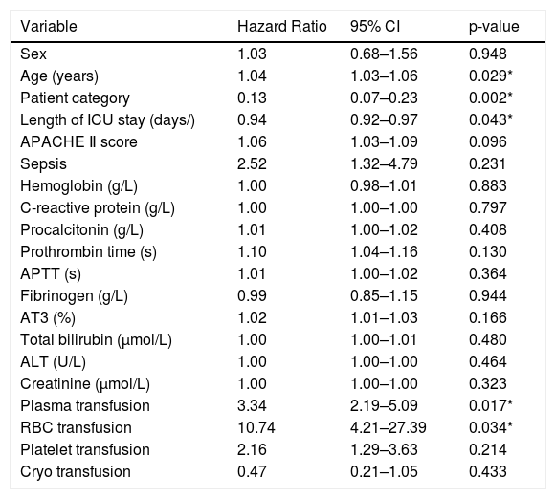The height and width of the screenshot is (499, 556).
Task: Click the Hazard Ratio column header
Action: tap(282, 27)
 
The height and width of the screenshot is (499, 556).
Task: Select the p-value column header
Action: tap(494, 27)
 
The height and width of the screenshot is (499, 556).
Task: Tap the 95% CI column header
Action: tap(375, 27)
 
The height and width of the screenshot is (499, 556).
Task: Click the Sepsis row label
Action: tap(43, 164)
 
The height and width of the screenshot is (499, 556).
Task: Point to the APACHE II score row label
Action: tap(78, 142)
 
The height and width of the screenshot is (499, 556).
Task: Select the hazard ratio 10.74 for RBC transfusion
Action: tap(256, 428)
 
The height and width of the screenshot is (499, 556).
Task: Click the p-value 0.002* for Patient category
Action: tap(491, 98)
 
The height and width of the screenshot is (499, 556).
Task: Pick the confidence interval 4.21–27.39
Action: tap(389, 428)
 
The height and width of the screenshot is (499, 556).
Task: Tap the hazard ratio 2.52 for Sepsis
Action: tap(252, 164)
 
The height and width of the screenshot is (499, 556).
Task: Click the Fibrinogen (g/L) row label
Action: tap(74, 296)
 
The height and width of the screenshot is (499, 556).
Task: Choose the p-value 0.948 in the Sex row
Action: tap(487, 54)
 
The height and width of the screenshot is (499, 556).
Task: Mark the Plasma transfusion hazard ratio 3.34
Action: tap(252, 406)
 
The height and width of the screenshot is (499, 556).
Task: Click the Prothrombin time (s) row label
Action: tap(88, 252)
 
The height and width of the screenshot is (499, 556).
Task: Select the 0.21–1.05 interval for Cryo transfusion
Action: tap(384, 471)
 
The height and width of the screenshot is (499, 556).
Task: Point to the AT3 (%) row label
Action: tap(48, 318)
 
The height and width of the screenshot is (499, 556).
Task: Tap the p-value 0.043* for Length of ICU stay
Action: tap(491, 120)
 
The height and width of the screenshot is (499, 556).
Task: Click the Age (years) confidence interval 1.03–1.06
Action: tap(384, 76)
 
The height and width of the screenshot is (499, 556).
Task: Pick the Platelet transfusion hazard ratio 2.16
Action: tap(252, 450)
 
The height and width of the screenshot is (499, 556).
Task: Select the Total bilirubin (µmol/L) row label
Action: tap(96, 340)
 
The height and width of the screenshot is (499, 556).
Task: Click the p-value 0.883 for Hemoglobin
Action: tap(487, 185)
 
